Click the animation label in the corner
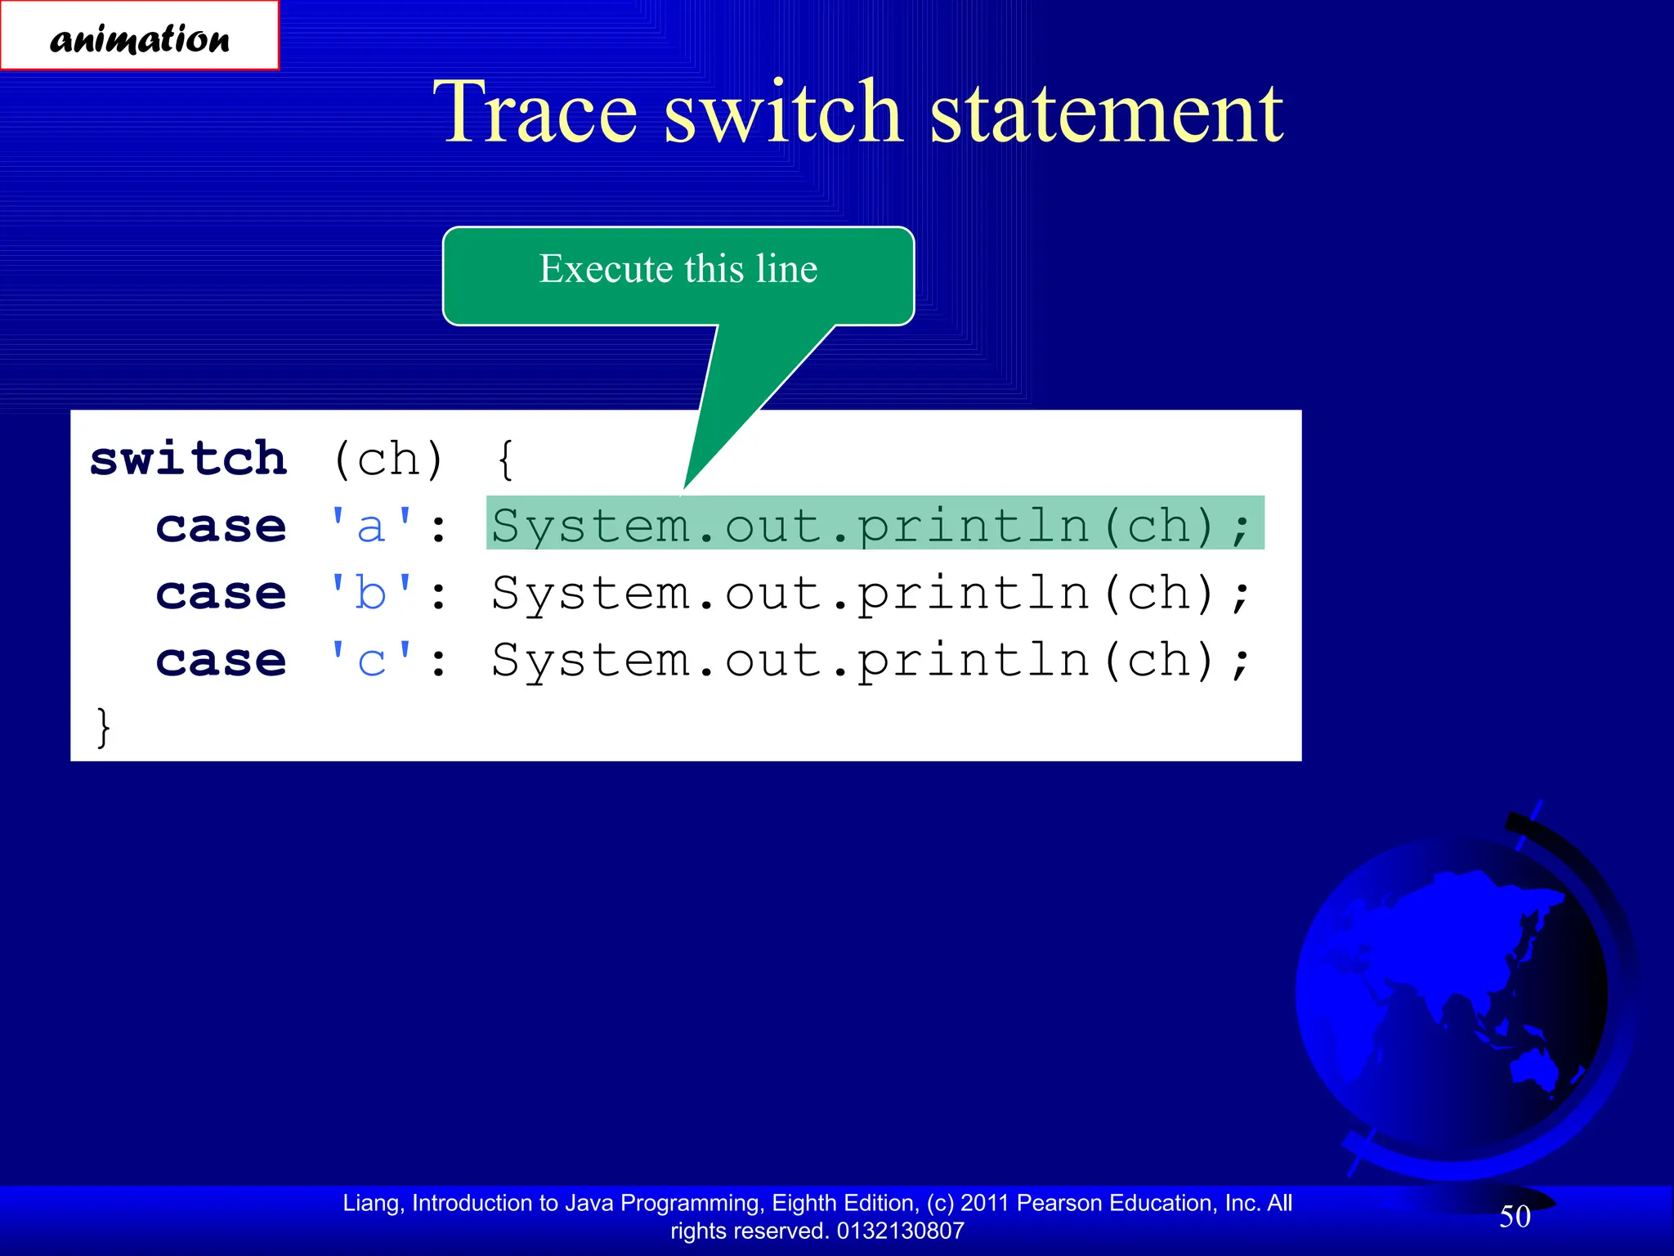[x=139, y=37]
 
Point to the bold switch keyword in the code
[x=189, y=459]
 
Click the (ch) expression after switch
[x=388, y=460]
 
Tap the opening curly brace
[x=506, y=460]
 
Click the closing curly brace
[x=103, y=727]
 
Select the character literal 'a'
[x=371, y=526]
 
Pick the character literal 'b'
[x=371, y=593]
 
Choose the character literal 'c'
[x=371, y=661]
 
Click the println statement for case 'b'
[x=871, y=593]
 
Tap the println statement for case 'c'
[x=871, y=661]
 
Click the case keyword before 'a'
[x=222, y=526]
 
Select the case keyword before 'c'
[x=222, y=661]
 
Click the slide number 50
[x=1515, y=1216]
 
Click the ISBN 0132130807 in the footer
[x=900, y=1231]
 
